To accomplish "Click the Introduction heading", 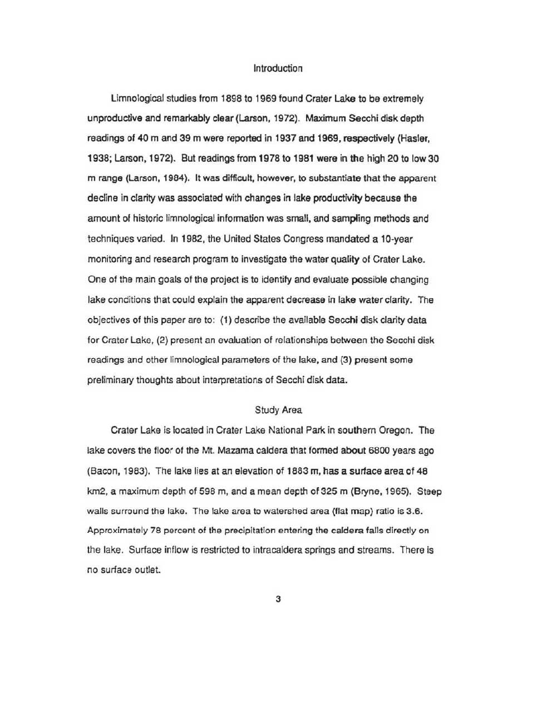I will click(x=278, y=68).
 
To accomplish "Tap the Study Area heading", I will click(x=278, y=410).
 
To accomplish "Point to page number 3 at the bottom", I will click(x=278, y=599).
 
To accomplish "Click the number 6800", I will click(x=378, y=450).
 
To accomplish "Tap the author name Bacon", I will click(x=105, y=471).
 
